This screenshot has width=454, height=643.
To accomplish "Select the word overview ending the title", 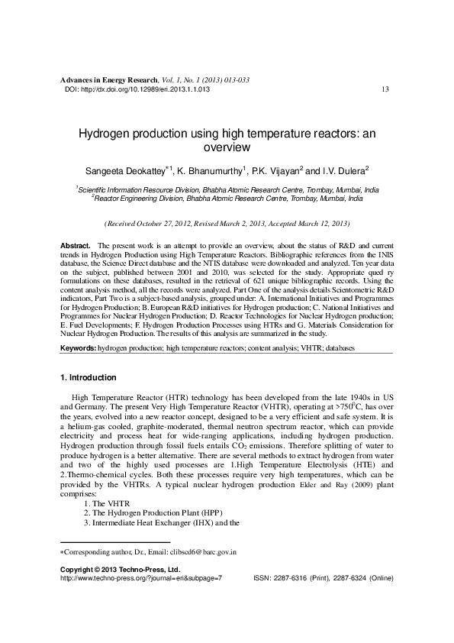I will [227, 146].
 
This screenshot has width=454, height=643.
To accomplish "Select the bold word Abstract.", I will [76, 242].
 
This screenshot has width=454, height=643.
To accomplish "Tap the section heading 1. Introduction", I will [88, 378].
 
